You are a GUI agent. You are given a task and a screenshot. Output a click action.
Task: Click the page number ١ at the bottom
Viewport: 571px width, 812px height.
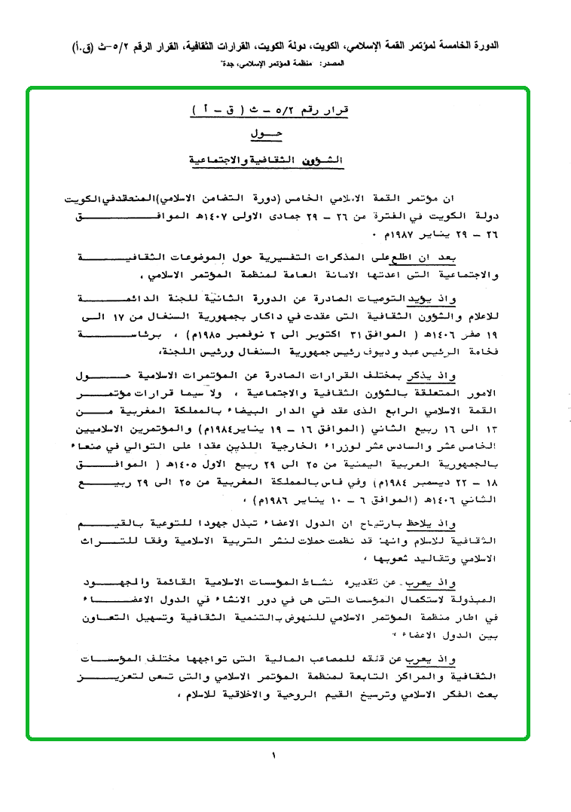274,755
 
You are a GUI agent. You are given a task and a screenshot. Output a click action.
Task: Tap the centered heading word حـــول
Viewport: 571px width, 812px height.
263,135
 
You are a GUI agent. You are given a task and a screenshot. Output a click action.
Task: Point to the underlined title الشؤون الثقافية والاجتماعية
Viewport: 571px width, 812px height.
264,160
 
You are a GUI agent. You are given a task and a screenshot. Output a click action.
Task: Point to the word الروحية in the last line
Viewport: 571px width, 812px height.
257,695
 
